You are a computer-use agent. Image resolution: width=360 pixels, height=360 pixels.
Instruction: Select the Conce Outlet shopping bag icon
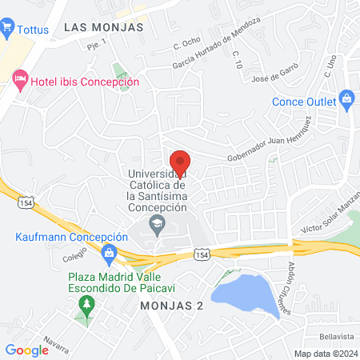[x=346, y=102]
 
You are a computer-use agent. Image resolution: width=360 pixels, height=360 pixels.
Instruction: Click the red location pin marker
[x=179, y=165]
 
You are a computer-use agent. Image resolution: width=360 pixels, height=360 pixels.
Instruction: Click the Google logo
[x=26, y=350]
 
